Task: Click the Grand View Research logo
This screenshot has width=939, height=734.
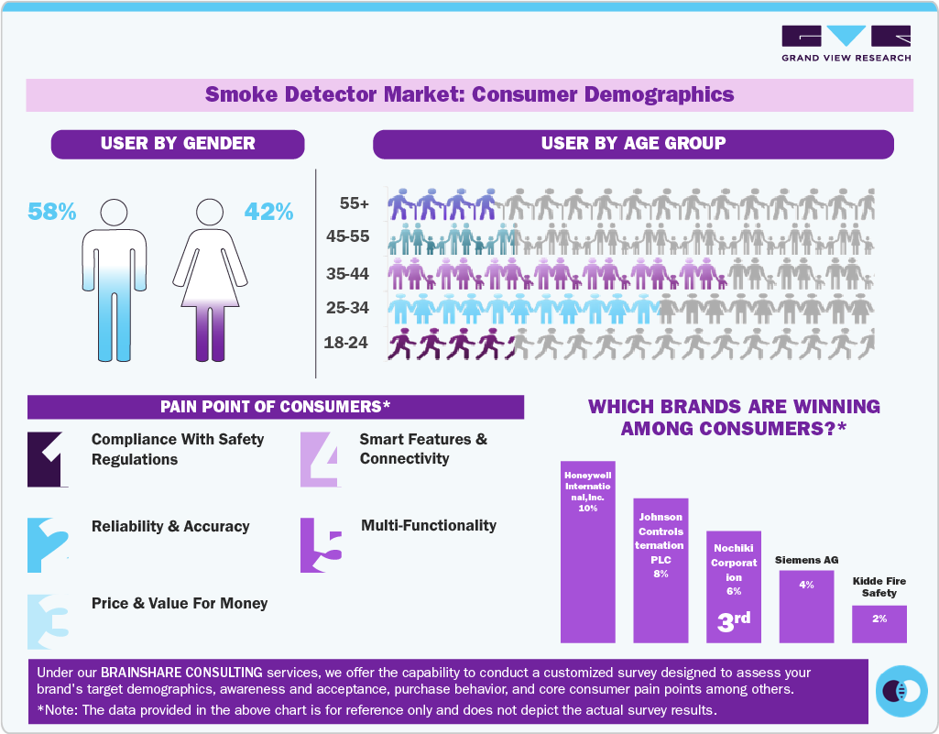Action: pyautogui.click(x=846, y=43)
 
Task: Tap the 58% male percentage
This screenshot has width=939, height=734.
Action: pyautogui.click(x=51, y=212)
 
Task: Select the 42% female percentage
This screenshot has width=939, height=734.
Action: pyautogui.click(x=268, y=212)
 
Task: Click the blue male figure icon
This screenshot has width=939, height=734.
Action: pyautogui.click(x=115, y=279)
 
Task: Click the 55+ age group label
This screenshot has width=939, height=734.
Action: pyautogui.click(x=352, y=203)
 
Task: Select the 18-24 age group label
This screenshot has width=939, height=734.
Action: pyautogui.click(x=347, y=344)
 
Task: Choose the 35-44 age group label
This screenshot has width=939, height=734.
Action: pyautogui.click(x=347, y=273)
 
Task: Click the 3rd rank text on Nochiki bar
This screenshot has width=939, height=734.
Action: pyautogui.click(x=733, y=620)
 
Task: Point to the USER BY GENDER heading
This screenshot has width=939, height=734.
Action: pyautogui.click(x=178, y=143)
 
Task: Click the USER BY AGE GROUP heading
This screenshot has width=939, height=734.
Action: pyautogui.click(x=633, y=143)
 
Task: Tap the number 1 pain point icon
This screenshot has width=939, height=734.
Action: pyautogui.click(x=48, y=458)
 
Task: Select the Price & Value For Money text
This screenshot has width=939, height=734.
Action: pyautogui.click(x=180, y=603)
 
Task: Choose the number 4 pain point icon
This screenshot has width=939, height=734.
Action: pyautogui.click(x=320, y=458)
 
